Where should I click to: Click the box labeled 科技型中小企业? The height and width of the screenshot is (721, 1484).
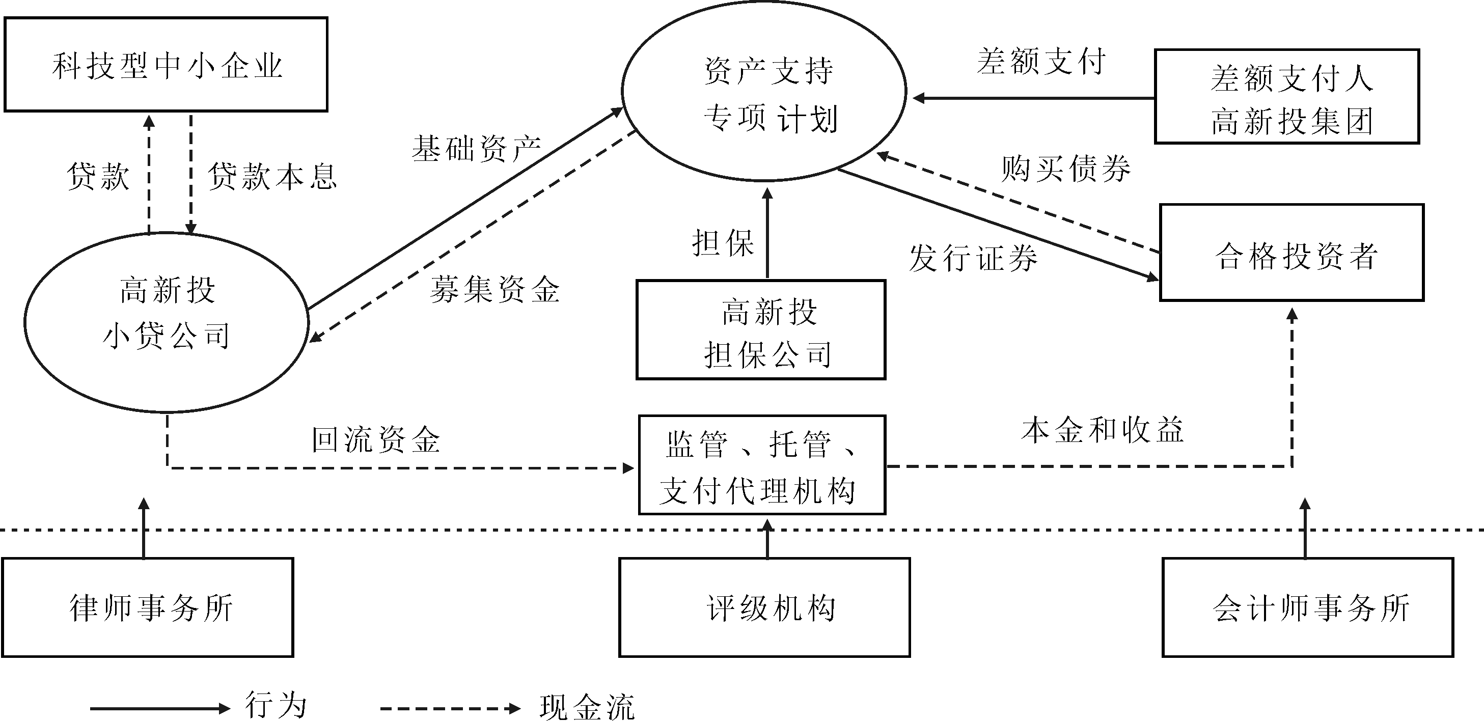166,65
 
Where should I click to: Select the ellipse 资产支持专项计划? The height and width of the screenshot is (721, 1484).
764,92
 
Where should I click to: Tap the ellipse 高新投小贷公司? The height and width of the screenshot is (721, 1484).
167,322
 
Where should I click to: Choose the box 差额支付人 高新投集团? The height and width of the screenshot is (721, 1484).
1287,97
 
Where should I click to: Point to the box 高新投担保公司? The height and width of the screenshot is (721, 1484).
760,330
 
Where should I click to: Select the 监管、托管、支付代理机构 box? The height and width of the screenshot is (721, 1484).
761,465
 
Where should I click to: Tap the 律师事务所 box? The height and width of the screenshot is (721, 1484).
148,607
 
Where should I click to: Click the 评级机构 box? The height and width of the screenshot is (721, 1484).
764,607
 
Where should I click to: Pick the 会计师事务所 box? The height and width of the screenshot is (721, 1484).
1308,607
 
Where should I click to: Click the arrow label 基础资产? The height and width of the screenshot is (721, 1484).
476,149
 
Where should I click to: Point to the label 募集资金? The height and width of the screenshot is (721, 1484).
494,289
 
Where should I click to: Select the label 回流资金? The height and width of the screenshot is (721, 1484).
376,440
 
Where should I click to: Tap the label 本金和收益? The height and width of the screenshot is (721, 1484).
1102,430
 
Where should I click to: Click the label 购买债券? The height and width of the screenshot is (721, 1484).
1066,169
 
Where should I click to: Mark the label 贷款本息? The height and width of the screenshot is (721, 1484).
272,176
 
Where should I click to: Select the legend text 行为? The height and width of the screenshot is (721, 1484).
276,705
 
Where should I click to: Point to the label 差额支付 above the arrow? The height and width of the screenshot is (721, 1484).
1041,62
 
